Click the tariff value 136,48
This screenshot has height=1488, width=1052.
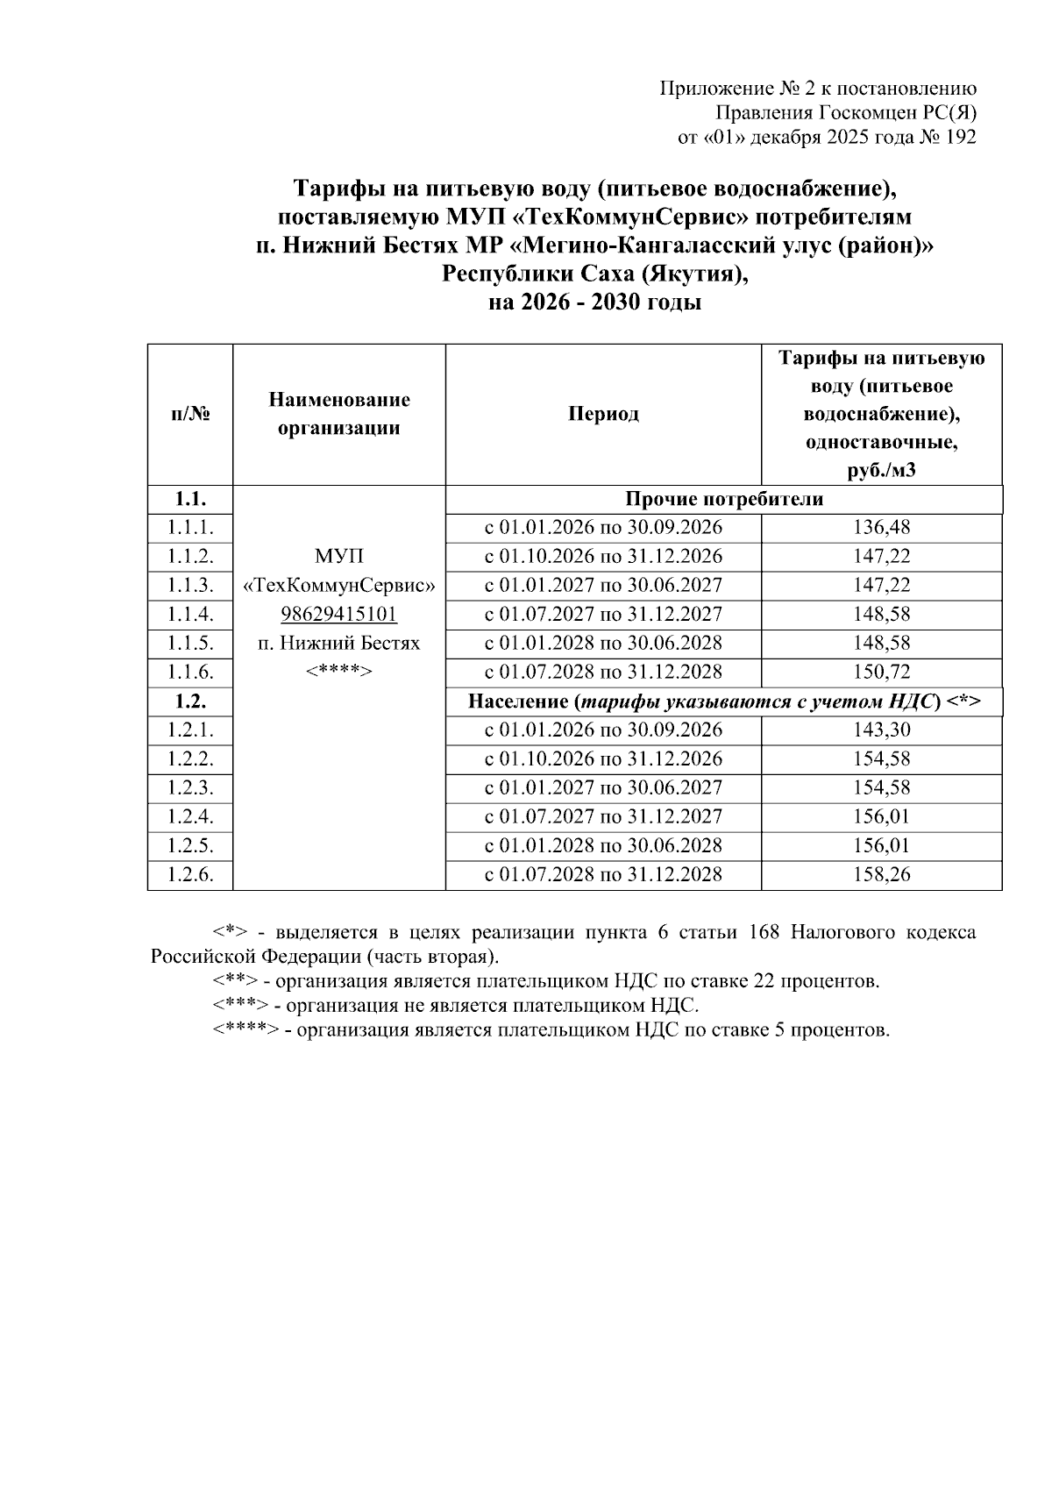881,528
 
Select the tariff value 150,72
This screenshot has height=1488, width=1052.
881,673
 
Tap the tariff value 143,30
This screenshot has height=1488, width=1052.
881,730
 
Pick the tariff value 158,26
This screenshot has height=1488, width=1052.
881,875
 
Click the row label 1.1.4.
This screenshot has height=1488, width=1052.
190,615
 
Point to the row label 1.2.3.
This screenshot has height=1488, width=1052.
190,788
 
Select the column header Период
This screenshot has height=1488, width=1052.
603,415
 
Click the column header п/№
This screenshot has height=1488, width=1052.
190,415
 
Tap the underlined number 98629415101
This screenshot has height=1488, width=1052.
338,615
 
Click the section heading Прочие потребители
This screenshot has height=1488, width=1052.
724,500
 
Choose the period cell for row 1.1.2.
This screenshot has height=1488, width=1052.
603,557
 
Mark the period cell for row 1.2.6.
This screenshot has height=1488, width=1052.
603,875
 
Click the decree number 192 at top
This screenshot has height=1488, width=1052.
959,138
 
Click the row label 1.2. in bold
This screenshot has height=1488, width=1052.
190,702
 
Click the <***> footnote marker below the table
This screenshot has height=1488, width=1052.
239,1006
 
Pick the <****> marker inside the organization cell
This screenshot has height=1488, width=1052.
338,673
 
